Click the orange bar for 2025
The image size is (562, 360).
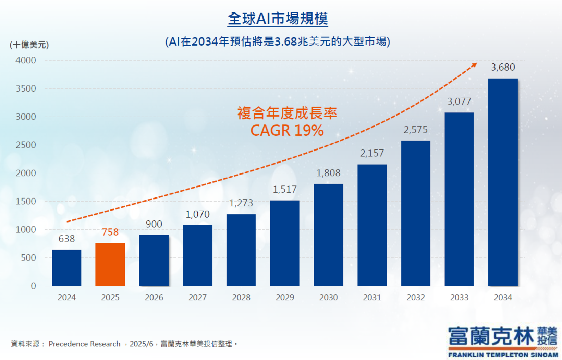110,264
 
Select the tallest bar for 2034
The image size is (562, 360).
503,182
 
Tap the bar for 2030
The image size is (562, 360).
328,235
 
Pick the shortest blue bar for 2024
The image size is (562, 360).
66,268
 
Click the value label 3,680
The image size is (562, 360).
503,67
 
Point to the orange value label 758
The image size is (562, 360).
110,232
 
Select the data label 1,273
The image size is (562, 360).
241,203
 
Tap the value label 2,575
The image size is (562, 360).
415,130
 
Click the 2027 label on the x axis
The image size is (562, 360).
197,297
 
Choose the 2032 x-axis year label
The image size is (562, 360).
415,297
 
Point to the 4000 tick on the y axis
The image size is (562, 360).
26,60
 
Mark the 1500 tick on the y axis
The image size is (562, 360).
26,201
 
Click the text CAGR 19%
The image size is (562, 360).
287,131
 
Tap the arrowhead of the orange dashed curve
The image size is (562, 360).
475,65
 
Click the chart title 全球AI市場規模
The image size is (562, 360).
278,19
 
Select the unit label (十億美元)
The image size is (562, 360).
29,45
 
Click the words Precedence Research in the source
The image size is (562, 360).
84,344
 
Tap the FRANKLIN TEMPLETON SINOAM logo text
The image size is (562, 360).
503,355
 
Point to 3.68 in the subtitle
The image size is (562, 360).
285,41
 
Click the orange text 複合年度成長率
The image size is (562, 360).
287,113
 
